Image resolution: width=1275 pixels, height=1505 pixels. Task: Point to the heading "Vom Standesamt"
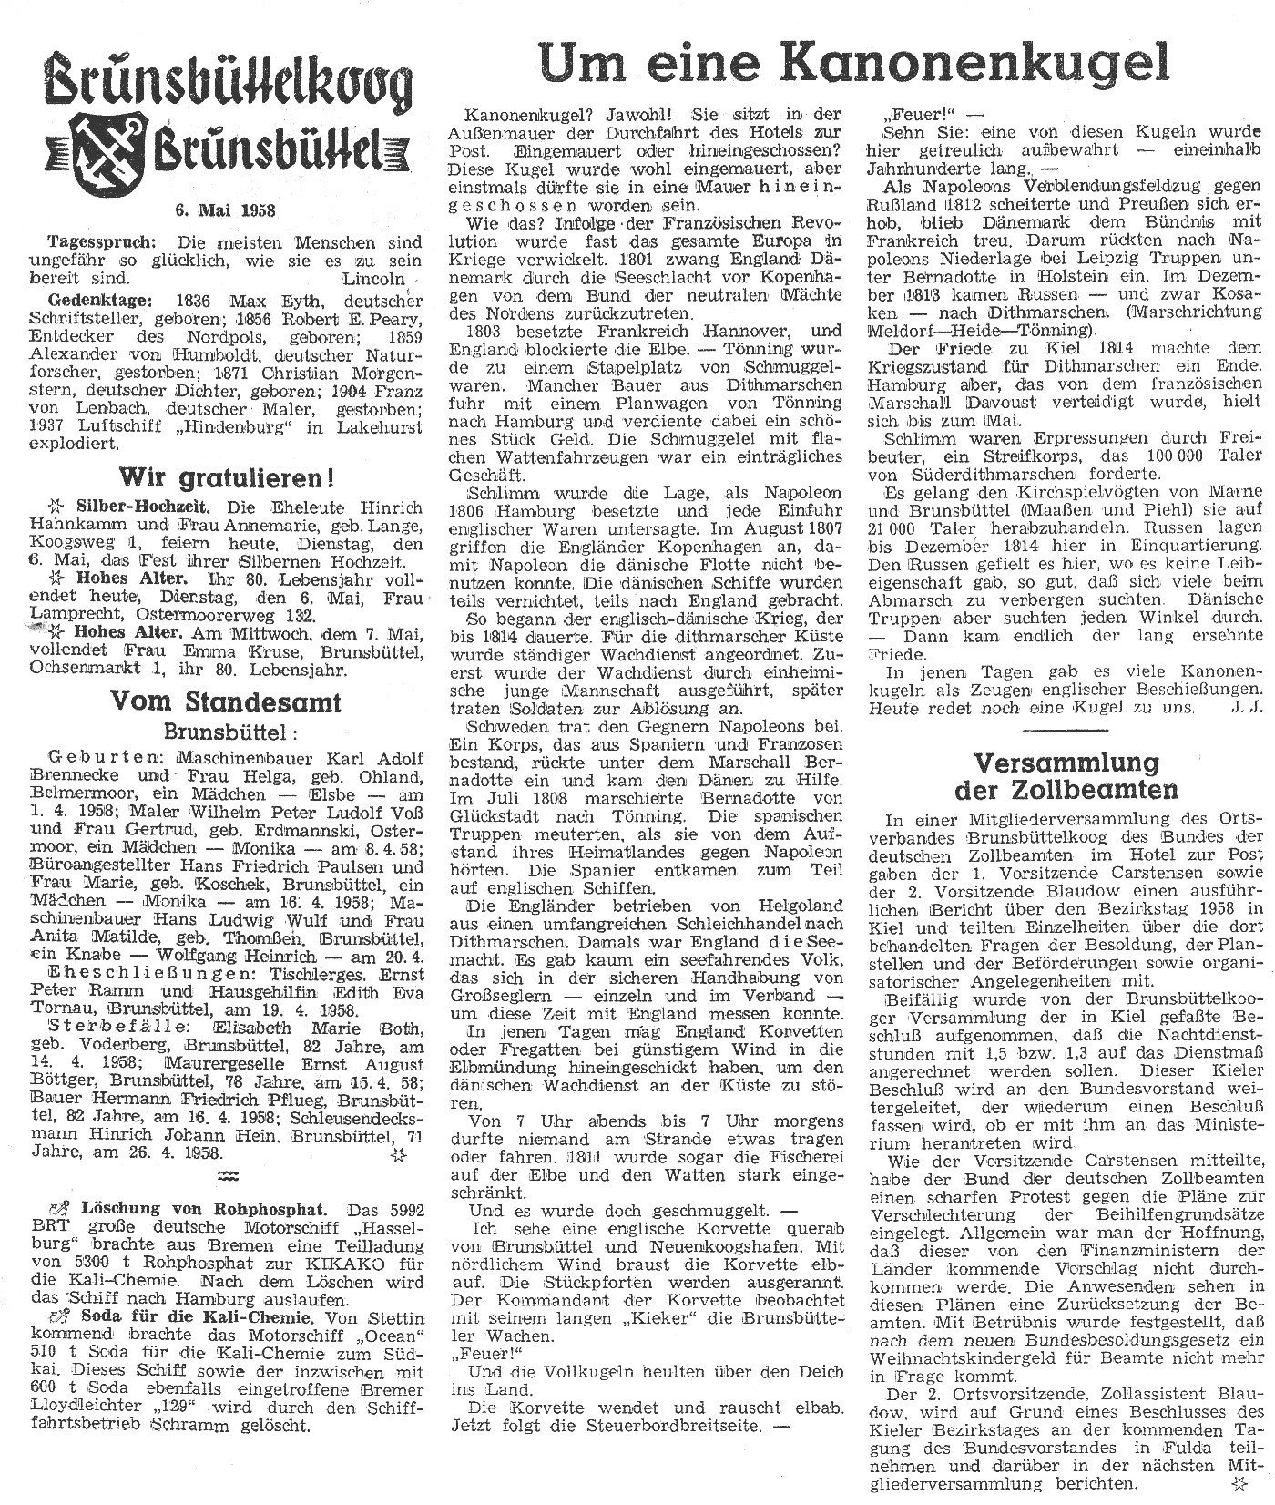(x=225, y=701)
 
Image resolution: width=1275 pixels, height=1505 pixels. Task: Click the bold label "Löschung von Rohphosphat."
(x=206, y=1210)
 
